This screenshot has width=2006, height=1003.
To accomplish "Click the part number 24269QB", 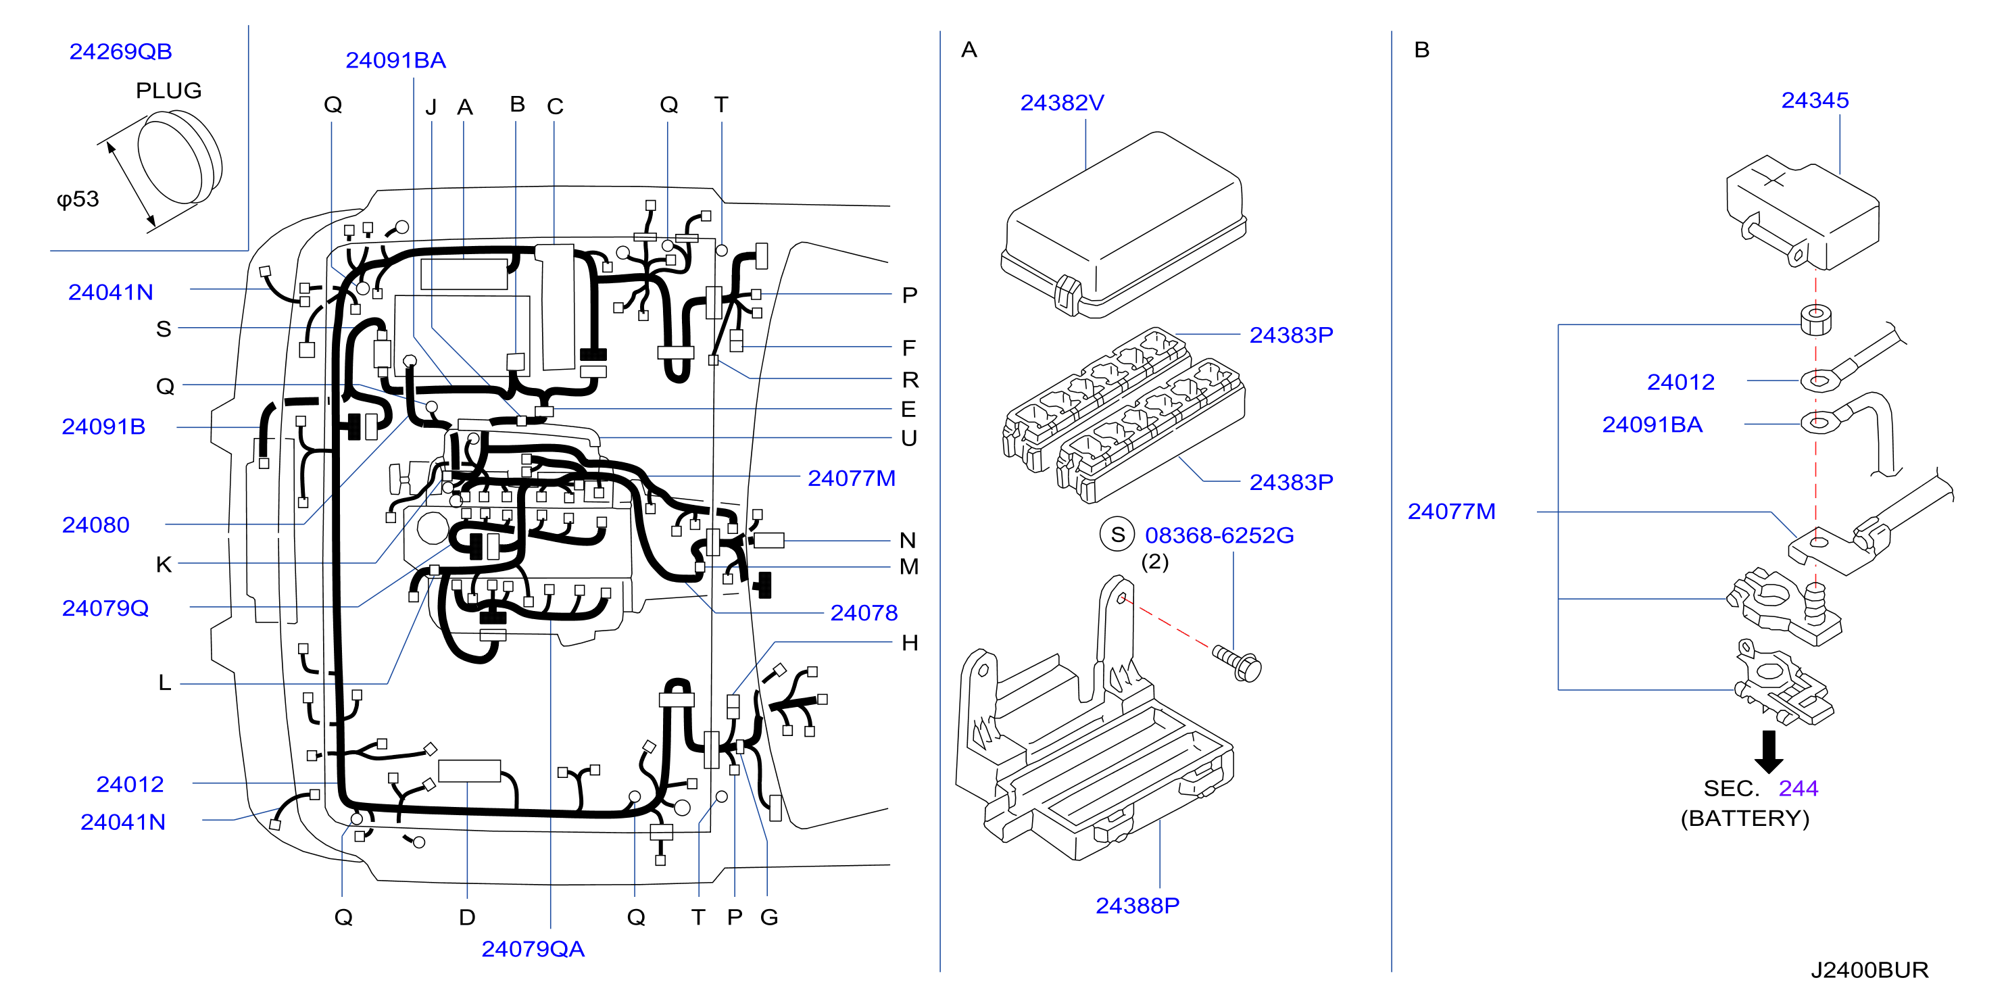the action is click(121, 51).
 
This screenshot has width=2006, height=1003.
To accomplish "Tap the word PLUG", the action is click(168, 91).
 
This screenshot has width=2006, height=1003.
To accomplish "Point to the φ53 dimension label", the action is click(78, 199).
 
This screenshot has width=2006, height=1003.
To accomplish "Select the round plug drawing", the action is click(180, 157).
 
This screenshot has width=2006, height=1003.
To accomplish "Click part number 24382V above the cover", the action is click(1062, 103).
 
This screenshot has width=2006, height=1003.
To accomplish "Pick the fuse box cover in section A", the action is click(1123, 226).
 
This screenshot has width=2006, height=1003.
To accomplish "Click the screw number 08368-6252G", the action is click(1219, 535).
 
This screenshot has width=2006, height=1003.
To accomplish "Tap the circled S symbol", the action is click(1117, 534).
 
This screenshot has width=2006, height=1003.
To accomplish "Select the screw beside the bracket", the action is click(1238, 664).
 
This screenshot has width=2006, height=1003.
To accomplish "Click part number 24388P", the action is click(1137, 906).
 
